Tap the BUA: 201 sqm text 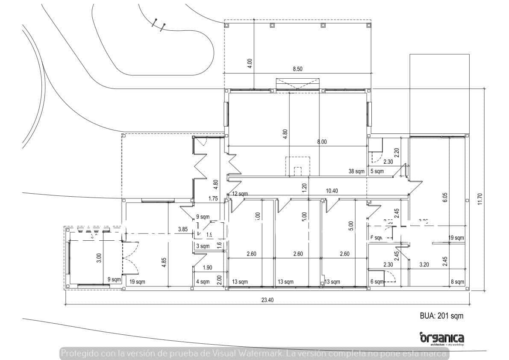pos(441,316)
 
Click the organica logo pos(441,338)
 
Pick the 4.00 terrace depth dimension pos(250,63)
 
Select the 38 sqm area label pos(356,171)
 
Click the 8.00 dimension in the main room pos(322,142)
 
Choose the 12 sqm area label pos(240,194)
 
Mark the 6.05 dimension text pos(445,197)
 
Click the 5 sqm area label pos(377,171)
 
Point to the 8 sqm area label pos(457,282)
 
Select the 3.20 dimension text pos(424,265)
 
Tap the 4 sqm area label pos(203,282)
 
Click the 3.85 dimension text pos(183,230)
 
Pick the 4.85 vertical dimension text pos(164,262)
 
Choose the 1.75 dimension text pos(213,198)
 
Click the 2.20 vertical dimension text pos(397,153)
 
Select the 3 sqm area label pos(203,246)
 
